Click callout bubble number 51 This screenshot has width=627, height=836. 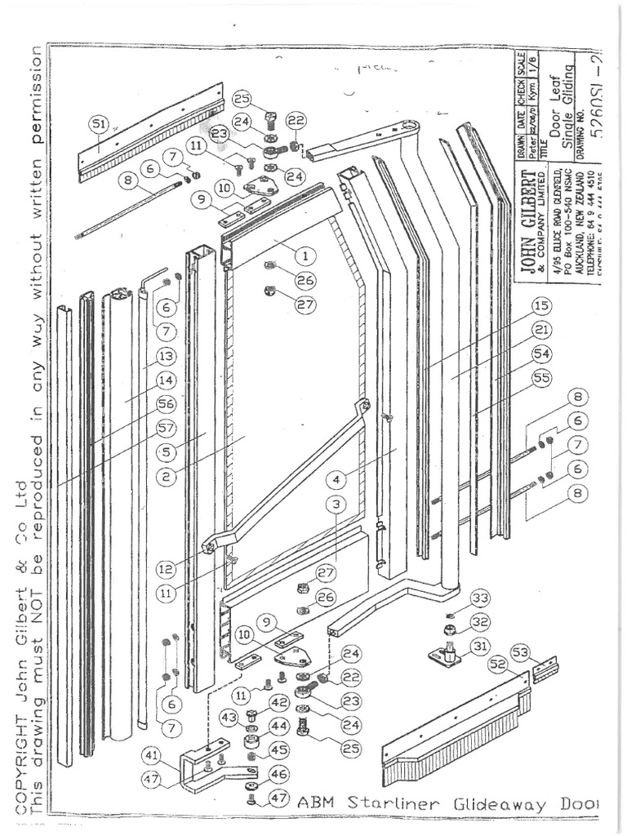99,124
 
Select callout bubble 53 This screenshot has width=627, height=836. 541,650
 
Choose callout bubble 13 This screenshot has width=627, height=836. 166,356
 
